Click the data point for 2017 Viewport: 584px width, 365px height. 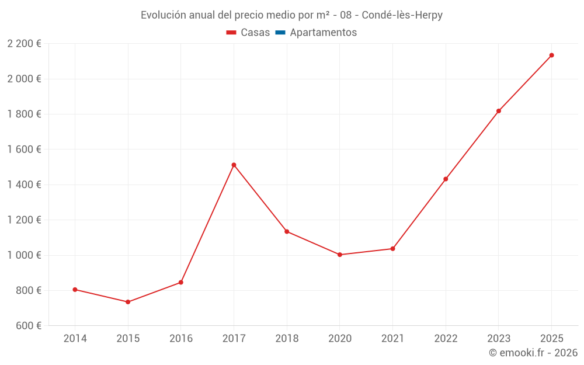point(234,165)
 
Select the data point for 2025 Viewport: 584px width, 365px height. point(551,55)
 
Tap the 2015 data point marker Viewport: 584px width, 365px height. point(128,302)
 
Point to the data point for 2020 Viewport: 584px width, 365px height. point(339,255)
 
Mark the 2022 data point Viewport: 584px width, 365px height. point(446,179)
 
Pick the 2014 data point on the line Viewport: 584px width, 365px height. point(75,290)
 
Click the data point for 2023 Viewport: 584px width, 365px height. point(499,111)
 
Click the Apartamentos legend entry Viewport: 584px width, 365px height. point(323,33)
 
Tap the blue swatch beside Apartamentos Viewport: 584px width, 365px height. point(280,33)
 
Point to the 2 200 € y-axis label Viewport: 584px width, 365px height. point(25,43)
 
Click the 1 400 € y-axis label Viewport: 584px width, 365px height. point(25,185)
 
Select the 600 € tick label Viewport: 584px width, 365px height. point(29,325)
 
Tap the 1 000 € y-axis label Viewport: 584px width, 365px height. point(25,255)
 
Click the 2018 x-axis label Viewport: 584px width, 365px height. point(287,338)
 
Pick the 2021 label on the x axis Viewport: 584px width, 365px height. point(392,338)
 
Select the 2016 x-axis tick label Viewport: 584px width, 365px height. point(181,338)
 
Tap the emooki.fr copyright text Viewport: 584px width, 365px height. point(533,353)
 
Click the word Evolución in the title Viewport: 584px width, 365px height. point(164,15)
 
